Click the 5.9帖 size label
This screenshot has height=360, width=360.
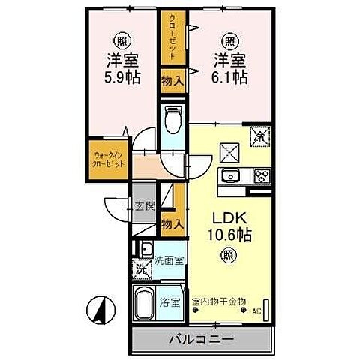pos(121,76)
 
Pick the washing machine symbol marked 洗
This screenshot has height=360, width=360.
pos(141,268)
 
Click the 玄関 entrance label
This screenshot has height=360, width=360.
pos(145,207)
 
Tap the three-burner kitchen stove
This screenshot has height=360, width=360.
pos(262,177)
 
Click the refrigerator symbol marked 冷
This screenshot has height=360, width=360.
pos(260,137)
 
